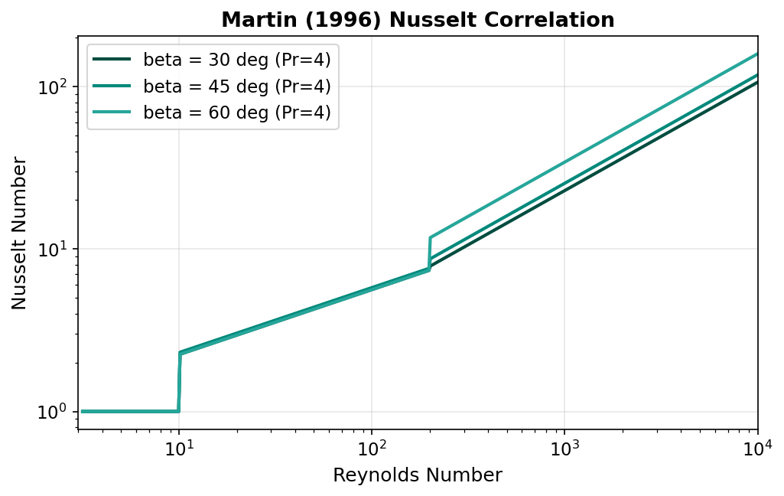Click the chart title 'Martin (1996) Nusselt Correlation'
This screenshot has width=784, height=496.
(x=418, y=20)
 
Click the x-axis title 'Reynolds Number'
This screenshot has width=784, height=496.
(x=418, y=475)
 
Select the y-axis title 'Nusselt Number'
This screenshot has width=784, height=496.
(x=20, y=233)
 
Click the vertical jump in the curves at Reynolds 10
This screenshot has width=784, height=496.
(x=179, y=383)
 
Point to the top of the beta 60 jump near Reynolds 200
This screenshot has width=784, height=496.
(x=431, y=238)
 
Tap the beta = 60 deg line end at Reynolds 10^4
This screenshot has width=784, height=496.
(x=757, y=54)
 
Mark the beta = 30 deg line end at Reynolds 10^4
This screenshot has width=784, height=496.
(x=757, y=82)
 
